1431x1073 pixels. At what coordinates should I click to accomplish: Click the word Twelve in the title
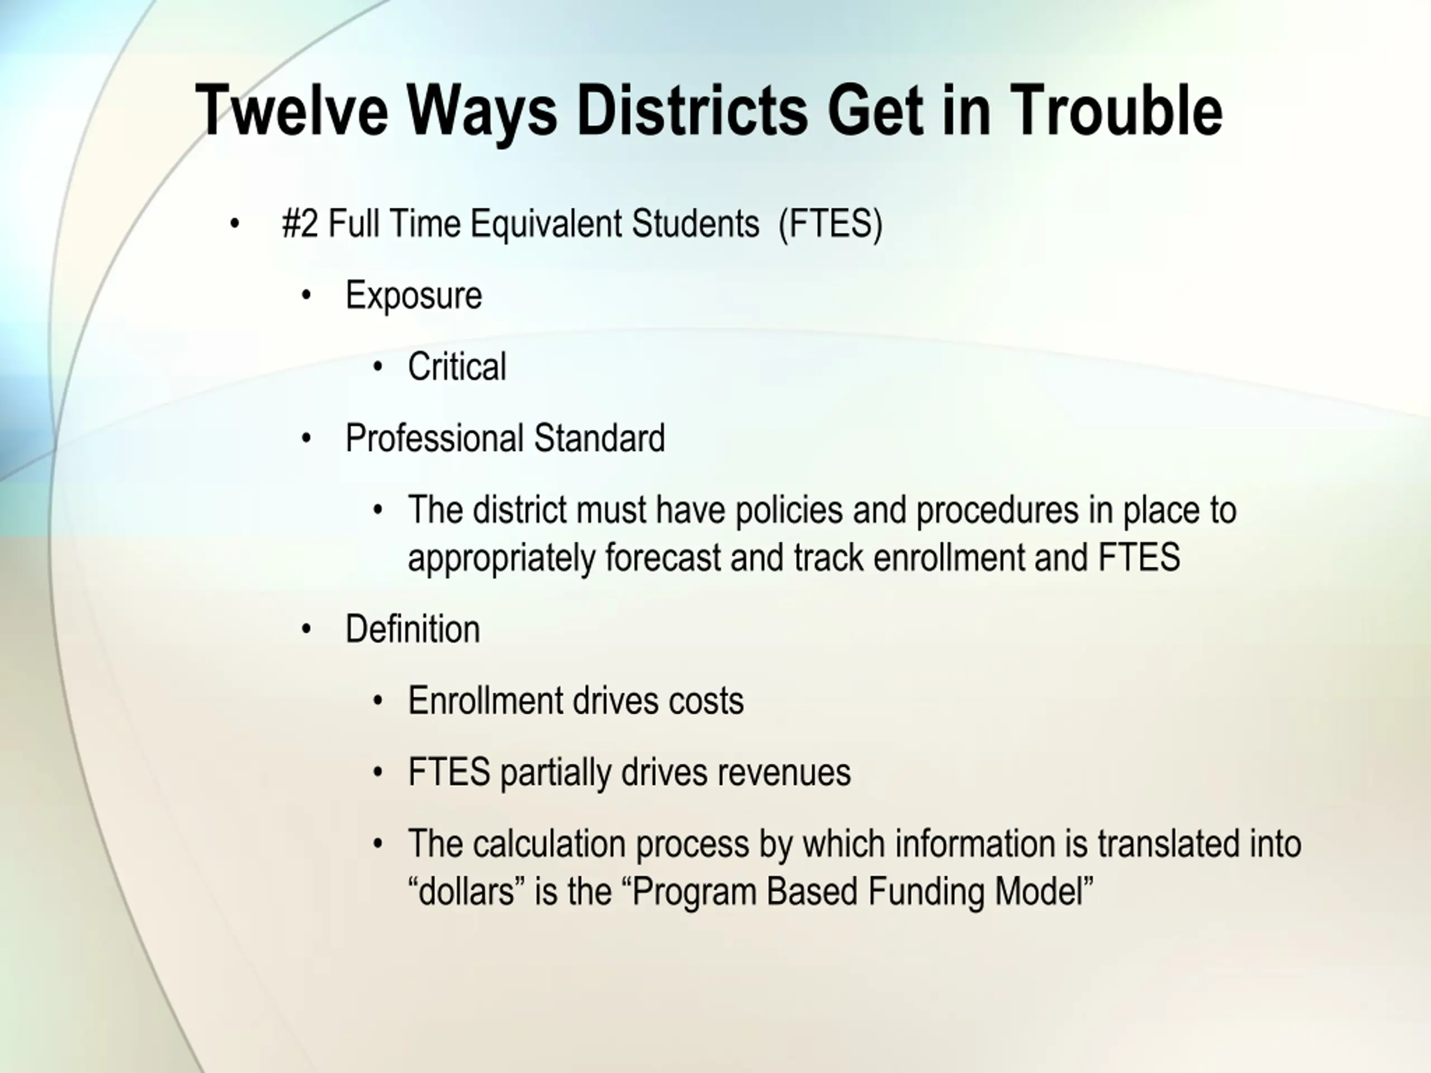pos(292,111)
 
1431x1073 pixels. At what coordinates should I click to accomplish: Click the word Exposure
pos(414,296)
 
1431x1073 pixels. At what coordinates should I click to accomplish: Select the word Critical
pos(457,367)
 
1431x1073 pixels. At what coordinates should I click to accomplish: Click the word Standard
pos(600,439)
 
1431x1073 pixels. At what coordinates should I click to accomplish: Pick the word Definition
pos(413,629)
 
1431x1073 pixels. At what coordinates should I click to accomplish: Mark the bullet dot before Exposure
pos(307,296)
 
